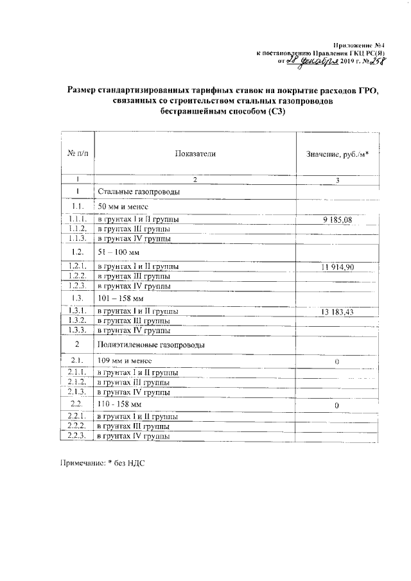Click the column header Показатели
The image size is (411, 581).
click(195, 154)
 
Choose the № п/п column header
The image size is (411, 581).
click(77, 154)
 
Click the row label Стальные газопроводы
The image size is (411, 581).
click(138, 192)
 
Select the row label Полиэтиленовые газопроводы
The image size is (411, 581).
click(151, 345)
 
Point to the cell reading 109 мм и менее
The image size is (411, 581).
click(124, 360)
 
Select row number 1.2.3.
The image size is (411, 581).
click(77, 285)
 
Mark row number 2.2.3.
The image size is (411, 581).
click(77, 437)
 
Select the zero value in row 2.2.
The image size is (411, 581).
click(337, 406)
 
